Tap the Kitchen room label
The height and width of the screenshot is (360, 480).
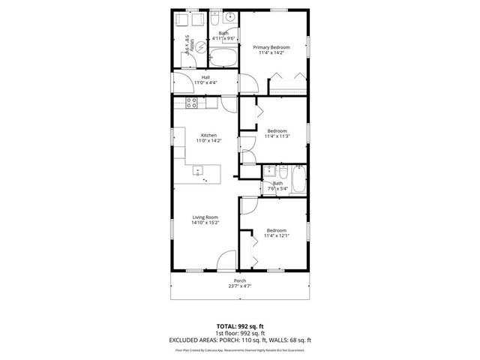[208, 135]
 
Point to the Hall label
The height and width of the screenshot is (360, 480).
[205, 76]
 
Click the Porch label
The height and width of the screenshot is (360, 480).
[239, 280]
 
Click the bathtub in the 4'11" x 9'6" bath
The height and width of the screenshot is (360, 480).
[222, 58]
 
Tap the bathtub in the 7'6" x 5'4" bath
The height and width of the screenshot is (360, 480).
[298, 181]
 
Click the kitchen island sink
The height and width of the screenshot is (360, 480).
[199, 170]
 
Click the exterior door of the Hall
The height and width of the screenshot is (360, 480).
[182, 80]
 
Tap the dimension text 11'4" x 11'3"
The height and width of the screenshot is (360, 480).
[277, 136]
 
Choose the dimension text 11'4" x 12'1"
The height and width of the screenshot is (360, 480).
[277, 235]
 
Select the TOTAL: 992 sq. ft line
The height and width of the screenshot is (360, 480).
[239, 328]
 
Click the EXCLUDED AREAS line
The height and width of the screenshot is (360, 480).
[239, 340]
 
